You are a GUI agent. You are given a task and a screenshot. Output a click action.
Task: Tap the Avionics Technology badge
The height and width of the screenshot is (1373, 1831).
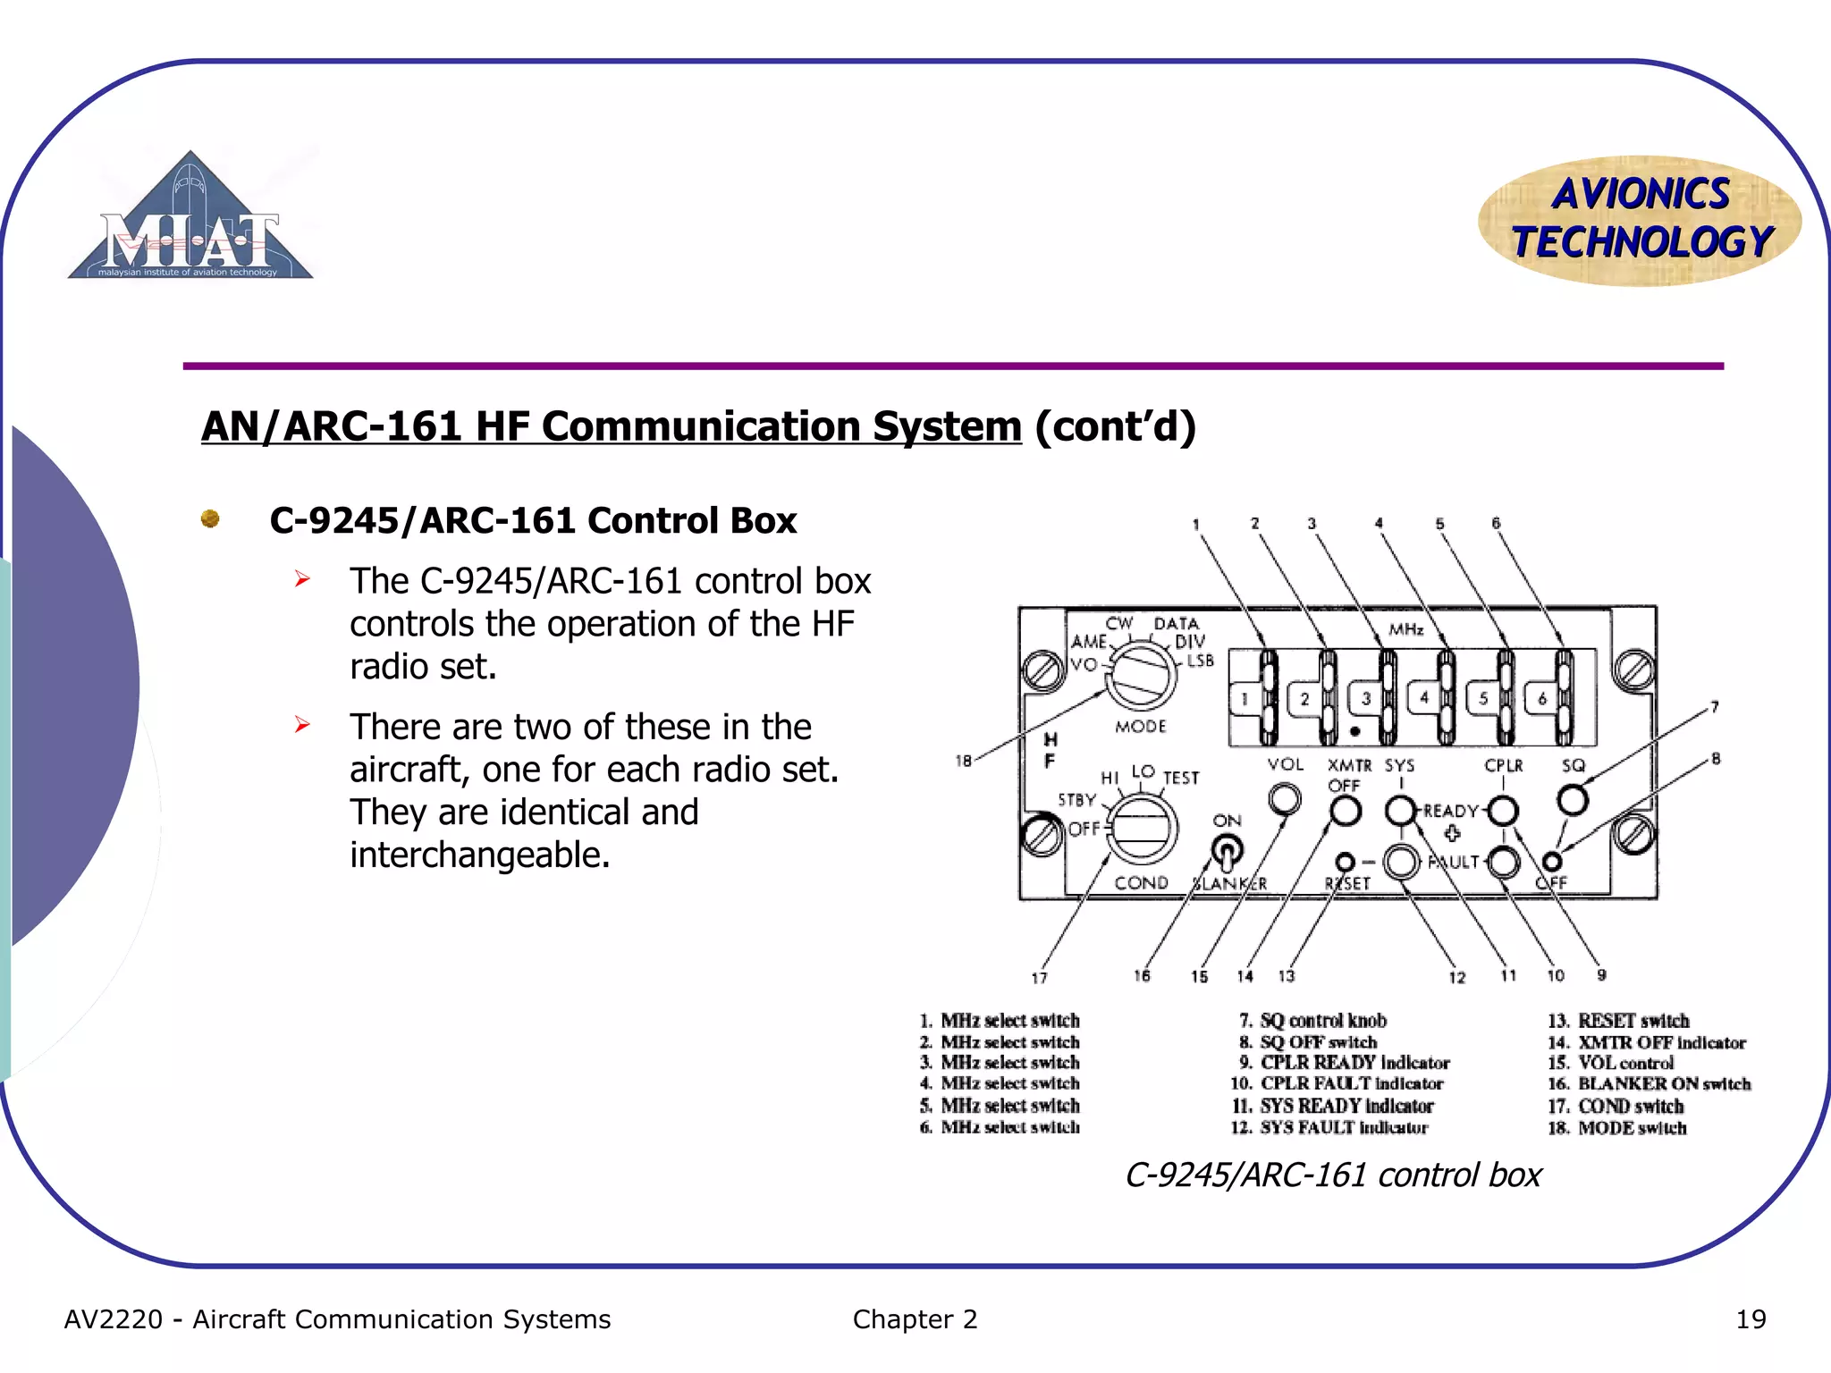click(1640, 220)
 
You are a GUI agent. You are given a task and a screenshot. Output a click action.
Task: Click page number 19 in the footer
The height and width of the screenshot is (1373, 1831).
click(1750, 1319)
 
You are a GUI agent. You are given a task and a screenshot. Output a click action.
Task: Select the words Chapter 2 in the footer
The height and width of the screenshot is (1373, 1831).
click(915, 1319)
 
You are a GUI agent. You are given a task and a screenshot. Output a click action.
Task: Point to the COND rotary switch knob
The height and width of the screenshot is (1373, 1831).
click(1142, 828)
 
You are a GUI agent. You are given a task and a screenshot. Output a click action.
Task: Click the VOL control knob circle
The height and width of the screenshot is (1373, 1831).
click(1285, 797)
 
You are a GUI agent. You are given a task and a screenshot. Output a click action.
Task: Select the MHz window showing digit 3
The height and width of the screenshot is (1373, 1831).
click(1365, 699)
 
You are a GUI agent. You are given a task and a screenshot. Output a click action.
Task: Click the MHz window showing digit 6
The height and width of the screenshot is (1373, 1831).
click(1541, 699)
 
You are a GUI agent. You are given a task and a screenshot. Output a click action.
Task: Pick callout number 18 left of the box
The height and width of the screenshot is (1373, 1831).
click(963, 761)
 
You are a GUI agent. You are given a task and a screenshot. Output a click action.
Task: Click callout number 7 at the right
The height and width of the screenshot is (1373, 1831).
click(1715, 707)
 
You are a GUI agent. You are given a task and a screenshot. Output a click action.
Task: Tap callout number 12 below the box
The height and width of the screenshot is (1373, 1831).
click(1457, 977)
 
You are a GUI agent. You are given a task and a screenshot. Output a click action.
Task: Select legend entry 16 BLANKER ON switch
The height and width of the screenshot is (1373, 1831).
click(1650, 1084)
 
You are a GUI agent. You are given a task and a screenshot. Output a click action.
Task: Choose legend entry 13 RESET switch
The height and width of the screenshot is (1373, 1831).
click(1619, 1021)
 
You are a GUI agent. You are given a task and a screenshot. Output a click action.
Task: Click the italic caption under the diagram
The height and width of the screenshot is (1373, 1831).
click(1333, 1175)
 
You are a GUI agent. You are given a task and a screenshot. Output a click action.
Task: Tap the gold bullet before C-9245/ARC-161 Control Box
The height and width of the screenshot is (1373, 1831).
click(210, 518)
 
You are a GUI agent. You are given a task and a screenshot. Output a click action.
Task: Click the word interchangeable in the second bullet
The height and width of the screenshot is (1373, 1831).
click(479, 855)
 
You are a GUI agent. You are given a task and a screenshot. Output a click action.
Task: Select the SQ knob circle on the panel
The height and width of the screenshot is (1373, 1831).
click(1573, 799)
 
